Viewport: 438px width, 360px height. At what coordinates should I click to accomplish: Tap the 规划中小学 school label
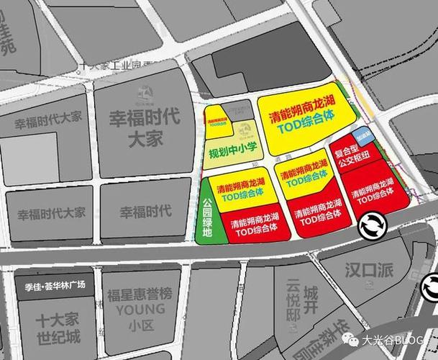point(232,153)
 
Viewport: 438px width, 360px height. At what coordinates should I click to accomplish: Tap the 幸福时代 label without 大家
point(145,212)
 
